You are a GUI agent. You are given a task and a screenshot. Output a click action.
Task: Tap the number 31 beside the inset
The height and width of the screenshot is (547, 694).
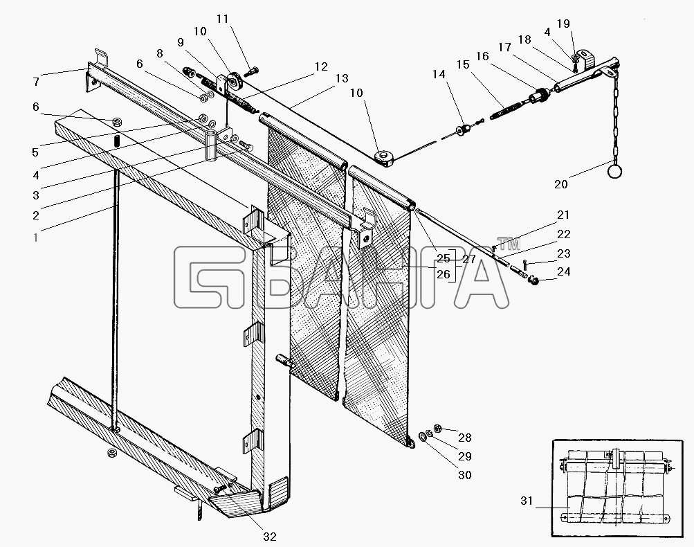tap(527, 501)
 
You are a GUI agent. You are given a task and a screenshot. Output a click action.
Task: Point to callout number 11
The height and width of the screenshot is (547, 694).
tap(221, 19)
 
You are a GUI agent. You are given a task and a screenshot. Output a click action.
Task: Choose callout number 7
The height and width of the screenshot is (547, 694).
tap(36, 82)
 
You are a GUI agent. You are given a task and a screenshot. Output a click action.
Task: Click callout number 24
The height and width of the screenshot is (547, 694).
tap(563, 272)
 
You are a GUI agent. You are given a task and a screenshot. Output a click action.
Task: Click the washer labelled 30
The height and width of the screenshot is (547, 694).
tap(423, 438)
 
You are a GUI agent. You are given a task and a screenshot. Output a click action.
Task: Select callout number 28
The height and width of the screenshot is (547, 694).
tap(464, 438)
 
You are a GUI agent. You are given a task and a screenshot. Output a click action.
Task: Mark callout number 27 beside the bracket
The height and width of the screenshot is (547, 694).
tap(468, 259)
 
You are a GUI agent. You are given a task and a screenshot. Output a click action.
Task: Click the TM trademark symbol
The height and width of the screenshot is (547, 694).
tap(509, 243)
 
